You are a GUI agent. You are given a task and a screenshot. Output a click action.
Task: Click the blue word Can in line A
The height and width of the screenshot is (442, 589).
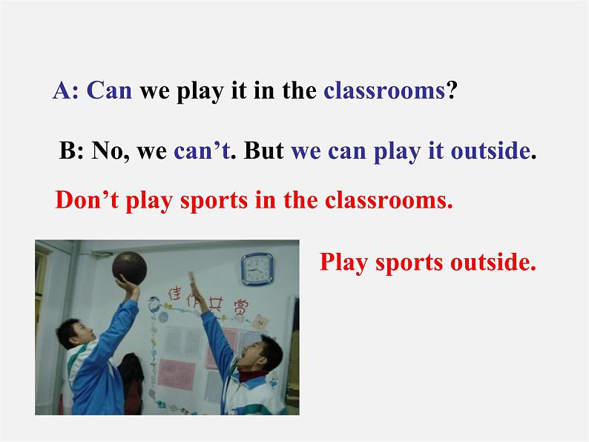click(109, 90)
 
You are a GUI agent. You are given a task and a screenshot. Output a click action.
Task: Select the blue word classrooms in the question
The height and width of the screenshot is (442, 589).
click(384, 90)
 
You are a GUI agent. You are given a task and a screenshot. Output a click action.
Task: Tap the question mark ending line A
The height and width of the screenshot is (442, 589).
click(452, 90)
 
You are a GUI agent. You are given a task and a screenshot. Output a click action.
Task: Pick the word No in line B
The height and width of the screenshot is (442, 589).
click(107, 151)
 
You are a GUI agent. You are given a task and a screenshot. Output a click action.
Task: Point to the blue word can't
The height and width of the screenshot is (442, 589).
click(202, 151)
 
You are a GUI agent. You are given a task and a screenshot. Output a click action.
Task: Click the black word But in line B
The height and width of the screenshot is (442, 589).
click(263, 151)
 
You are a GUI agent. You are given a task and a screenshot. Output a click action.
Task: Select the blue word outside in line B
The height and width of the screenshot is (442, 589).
click(490, 151)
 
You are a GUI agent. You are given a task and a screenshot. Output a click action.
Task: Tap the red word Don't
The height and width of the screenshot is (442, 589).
click(87, 199)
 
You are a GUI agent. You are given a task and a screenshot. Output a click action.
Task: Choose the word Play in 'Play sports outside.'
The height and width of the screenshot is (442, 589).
click(343, 263)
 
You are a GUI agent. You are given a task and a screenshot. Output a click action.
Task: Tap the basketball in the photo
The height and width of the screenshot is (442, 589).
click(129, 268)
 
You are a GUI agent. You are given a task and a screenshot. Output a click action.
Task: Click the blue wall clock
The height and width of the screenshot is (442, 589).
click(257, 269)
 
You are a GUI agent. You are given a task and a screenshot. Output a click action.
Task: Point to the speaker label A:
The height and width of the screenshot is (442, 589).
click(66, 90)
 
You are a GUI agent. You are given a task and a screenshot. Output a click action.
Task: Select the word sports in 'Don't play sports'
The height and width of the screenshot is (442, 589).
click(214, 201)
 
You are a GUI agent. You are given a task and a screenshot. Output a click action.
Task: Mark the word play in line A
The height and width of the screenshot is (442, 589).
click(200, 91)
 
